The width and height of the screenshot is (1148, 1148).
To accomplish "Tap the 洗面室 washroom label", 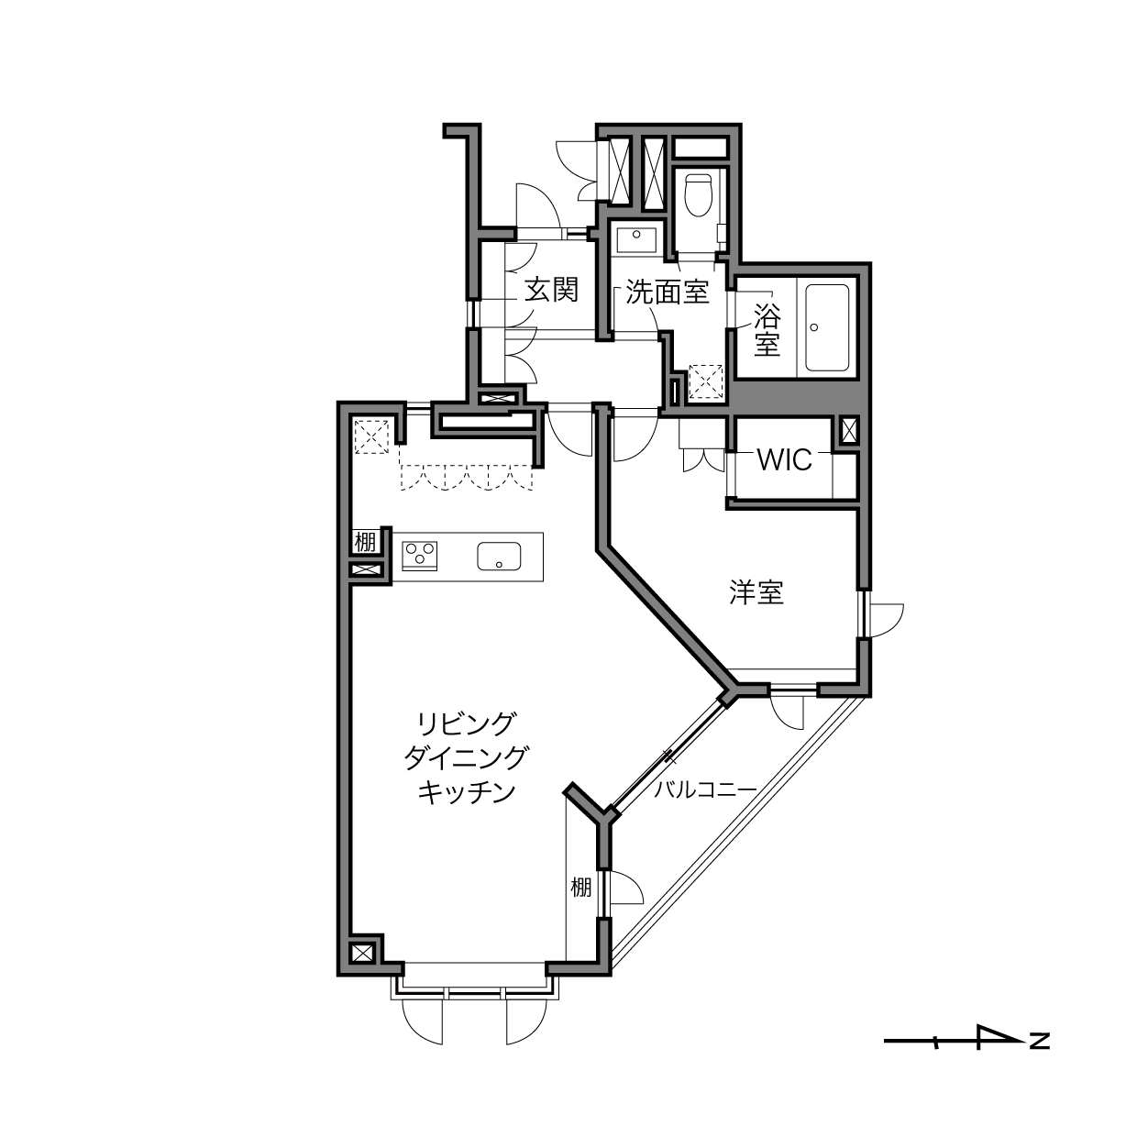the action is click(668, 293).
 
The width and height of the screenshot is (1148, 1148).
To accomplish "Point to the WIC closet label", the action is click(785, 459).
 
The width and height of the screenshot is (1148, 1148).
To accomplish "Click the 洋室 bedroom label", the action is click(756, 592).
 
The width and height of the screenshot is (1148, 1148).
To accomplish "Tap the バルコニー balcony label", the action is click(705, 790).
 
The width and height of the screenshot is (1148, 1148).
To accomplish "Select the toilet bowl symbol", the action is click(698, 194).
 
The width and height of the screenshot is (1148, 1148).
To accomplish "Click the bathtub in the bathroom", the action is click(827, 327).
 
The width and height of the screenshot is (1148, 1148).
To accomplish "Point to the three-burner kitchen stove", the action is click(419, 556).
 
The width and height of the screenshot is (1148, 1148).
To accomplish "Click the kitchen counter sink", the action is click(499, 557).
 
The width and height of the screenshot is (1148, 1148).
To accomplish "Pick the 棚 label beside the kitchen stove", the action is click(365, 542).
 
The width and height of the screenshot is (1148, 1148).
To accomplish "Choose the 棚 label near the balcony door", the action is click(580, 888).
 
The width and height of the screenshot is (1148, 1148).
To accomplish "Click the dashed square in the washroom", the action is click(705, 381).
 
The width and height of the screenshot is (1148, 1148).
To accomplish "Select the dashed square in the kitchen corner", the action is click(371, 437).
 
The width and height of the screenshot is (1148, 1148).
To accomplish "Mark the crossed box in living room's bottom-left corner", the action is click(362, 954).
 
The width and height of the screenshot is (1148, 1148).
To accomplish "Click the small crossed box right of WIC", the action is click(849, 429).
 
